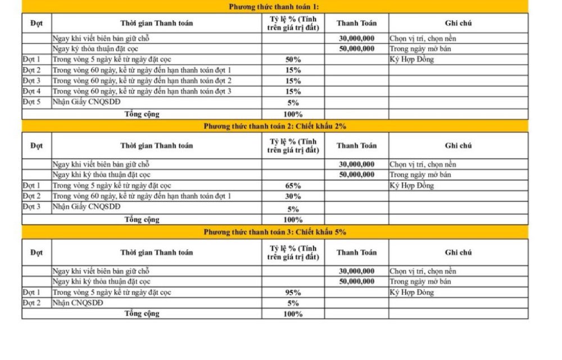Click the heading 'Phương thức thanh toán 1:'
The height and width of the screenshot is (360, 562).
click(275, 7)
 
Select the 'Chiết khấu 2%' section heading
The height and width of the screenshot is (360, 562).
click(275, 126)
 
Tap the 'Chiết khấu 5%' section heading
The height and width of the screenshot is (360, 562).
click(275, 232)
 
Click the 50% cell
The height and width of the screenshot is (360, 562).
click(293, 60)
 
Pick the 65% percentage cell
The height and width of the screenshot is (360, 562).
click(293, 186)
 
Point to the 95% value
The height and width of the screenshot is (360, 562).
click(293, 292)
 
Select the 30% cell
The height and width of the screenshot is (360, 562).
click(293, 196)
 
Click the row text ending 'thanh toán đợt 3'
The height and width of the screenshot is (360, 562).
click(142, 91)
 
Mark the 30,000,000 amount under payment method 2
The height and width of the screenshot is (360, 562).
click(356, 164)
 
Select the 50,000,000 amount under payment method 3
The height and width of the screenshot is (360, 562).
click(356, 281)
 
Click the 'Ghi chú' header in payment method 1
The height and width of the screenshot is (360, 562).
click(458, 23)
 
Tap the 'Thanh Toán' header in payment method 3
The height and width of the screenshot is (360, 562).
click(356, 253)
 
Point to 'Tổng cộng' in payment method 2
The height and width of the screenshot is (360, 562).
click(142, 219)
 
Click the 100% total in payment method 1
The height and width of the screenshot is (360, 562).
click(293, 114)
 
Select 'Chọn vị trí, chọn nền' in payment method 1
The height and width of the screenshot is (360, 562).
click(423, 39)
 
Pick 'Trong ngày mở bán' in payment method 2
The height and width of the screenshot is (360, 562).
click(420, 175)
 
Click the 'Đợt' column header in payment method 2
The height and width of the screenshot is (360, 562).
click(37, 146)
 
